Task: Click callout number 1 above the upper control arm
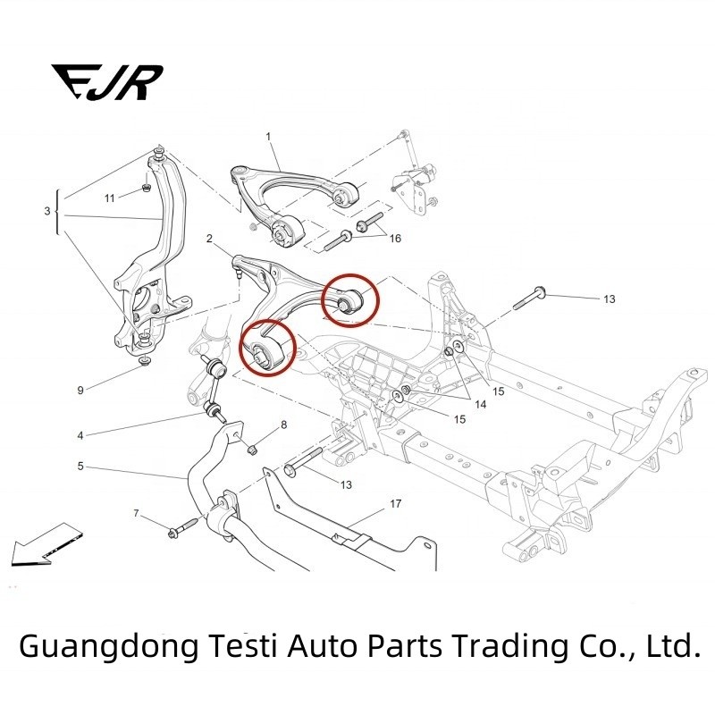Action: (x=267, y=136)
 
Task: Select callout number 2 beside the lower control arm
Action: (x=208, y=239)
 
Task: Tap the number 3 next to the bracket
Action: (x=47, y=212)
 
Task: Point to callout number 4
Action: (x=80, y=436)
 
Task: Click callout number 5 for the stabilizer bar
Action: (x=80, y=466)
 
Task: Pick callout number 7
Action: (x=136, y=513)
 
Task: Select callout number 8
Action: (x=284, y=425)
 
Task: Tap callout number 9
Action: (x=80, y=390)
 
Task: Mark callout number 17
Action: (x=395, y=503)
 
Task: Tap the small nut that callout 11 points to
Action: (x=145, y=189)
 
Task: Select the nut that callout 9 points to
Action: (x=144, y=362)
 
